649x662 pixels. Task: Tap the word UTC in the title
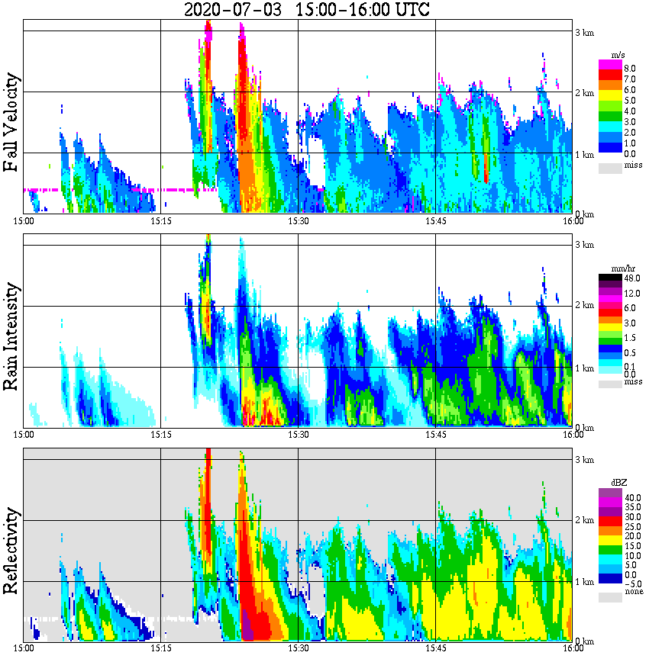[x=410, y=10]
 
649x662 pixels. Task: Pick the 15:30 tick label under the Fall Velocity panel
[x=298, y=221]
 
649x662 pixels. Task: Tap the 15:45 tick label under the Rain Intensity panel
[x=435, y=435]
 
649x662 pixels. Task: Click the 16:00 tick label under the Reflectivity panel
[x=573, y=649]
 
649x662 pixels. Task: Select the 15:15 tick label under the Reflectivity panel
[x=160, y=649]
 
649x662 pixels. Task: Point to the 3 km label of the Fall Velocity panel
[x=584, y=32]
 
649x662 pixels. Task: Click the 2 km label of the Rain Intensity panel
[x=584, y=306]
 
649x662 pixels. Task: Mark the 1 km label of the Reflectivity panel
[x=584, y=582]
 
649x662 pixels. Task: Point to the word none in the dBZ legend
[x=633, y=592]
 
